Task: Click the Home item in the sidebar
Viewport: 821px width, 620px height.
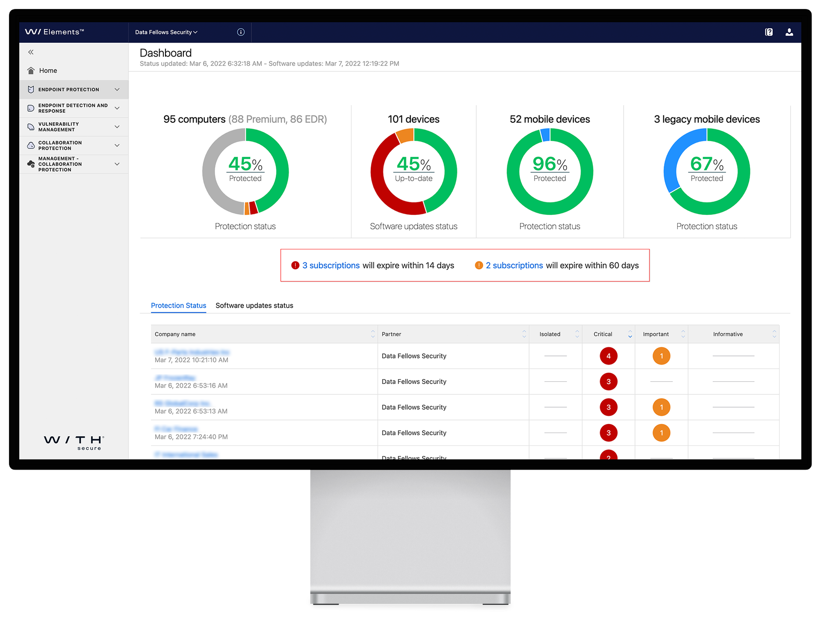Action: click(x=47, y=71)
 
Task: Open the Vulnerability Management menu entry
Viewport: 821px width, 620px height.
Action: click(x=59, y=127)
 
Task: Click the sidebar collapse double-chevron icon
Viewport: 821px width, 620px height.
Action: click(x=31, y=52)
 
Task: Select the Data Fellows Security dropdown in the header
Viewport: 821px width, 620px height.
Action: click(x=166, y=32)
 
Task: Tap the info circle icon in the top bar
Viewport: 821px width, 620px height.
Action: click(x=241, y=32)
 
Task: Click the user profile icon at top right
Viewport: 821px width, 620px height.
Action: click(x=789, y=32)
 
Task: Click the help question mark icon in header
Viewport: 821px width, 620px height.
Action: click(x=768, y=32)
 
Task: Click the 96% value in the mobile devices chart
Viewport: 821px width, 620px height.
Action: click(x=549, y=164)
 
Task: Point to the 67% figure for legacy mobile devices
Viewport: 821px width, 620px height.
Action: click(x=706, y=164)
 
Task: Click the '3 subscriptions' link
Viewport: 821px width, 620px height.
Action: click(x=331, y=265)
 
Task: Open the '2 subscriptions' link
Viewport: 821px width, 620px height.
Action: click(x=514, y=265)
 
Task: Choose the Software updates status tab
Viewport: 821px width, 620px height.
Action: click(x=254, y=306)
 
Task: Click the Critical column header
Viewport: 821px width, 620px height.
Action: click(x=603, y=334)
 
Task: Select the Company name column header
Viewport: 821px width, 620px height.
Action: click(x=175, y=334)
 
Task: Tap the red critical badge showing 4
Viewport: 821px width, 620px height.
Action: click(x=608, y=356)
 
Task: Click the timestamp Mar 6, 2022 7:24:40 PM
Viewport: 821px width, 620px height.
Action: click(x=191, y=437)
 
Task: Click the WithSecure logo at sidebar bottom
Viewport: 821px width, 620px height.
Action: click(x=74, y=442)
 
